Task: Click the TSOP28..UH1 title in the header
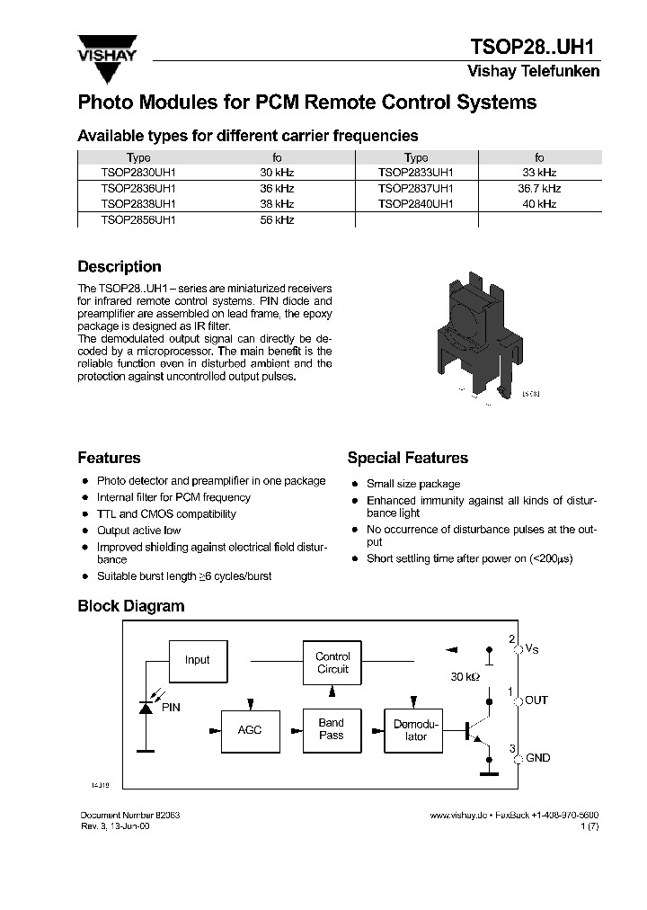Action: click(x=535, y=48)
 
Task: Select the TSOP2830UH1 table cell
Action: click(x=138, y=173)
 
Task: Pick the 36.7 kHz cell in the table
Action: click(x=539, y=189)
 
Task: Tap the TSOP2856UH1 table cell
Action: click(x=138, y=220)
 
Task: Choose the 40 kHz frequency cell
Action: click(x=539, y=204)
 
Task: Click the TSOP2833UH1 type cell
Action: click(x=416, y=173)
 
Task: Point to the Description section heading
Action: click(x=120, y=267)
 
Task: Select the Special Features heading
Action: click(x=407, y=458)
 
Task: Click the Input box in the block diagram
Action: click(x=197, y=660)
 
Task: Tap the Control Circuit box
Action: click(x=332, y=664)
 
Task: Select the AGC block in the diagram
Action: click(x=250, y=729)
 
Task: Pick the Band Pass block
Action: click(x=332, y=729)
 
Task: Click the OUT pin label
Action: click(x=536, y=700)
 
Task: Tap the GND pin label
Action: click(x=537, y=758)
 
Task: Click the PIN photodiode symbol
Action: click(x=146, y=708)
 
